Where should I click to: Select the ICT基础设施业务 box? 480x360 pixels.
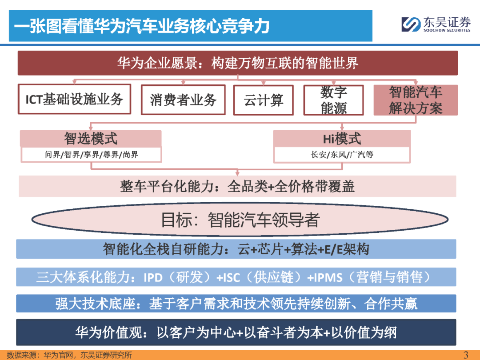[x=74, y=99]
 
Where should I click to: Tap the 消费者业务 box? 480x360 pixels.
[x=183, y=100]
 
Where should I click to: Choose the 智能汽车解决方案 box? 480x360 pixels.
[x=416, y=100]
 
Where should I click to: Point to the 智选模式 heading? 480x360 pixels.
[x=91, y=138]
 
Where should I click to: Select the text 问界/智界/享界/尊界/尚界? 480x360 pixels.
[x=91, y=155]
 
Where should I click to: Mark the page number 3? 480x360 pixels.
[x=466, y=355]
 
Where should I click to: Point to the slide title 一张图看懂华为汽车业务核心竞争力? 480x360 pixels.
[x=142, y=26]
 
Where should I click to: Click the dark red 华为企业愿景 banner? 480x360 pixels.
[x=237, y=63]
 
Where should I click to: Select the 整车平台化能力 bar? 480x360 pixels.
[x=237, y=186]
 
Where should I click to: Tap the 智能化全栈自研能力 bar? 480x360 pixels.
[x=236, y=249]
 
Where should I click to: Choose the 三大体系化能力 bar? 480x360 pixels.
[x=236, y=277]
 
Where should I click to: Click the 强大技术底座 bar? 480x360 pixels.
[x=236, y=304]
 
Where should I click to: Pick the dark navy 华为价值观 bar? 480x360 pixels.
[x=236, y=332]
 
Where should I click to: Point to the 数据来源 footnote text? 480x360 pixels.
[x=69, y=355]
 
